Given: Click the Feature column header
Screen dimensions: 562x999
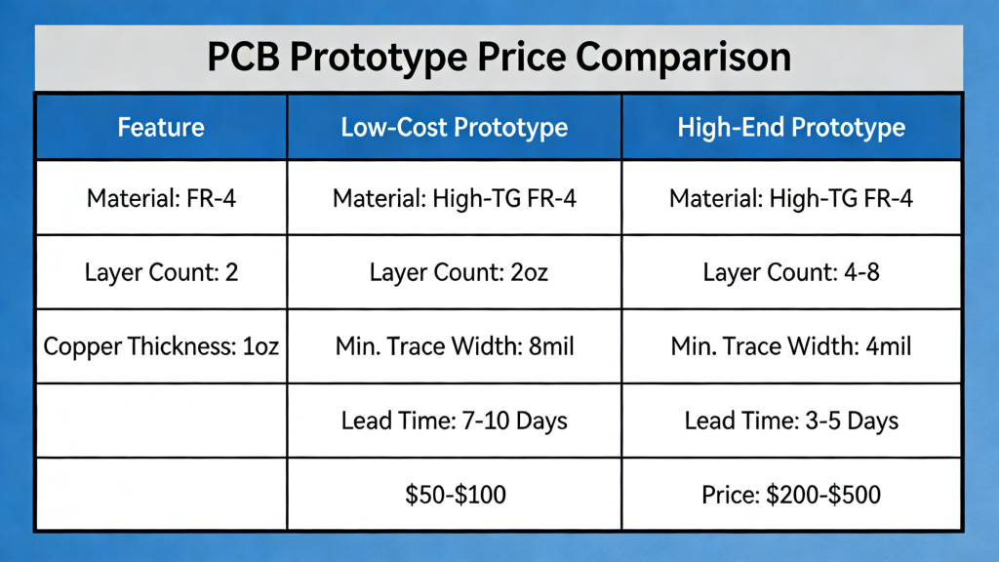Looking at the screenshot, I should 161,128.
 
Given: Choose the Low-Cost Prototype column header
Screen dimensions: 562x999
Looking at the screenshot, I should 455,128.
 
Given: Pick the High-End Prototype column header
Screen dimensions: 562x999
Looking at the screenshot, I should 791,128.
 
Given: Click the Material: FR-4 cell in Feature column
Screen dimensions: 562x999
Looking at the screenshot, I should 161,199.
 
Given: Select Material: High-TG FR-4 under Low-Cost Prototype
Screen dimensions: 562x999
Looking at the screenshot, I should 455,199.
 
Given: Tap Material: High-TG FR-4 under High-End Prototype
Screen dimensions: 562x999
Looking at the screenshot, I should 791,199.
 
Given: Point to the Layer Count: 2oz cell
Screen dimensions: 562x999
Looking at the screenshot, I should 455,272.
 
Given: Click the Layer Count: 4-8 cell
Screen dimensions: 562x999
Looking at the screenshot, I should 791,272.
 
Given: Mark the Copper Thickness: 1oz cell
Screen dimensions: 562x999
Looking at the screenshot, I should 161,346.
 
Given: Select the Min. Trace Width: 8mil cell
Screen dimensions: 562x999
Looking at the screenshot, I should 455,346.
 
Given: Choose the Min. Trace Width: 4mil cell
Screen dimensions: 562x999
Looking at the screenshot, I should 791,346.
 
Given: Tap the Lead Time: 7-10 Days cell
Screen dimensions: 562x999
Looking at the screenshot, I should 455,421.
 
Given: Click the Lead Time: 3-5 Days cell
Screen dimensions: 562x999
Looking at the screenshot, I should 791,421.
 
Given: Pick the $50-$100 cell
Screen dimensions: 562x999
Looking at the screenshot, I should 455,495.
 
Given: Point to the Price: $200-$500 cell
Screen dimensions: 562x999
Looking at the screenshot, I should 791,495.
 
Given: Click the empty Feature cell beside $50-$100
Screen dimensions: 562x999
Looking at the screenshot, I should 161,495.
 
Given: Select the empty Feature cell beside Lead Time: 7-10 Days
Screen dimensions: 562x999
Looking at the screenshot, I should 161,421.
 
